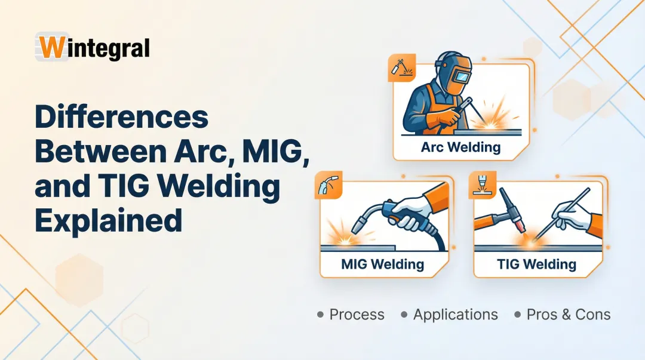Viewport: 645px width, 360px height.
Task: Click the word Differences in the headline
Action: pyautogui.click(x=121, y=118)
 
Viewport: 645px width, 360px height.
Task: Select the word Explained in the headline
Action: pyautogui.click(x=108, y=220)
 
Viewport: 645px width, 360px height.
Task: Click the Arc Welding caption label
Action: pyautogui.click(x=460, y=147)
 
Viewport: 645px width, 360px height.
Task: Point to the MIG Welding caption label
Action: pyautogui.click(x=382, y=264)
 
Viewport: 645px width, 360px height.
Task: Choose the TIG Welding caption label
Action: pyautogui.click(x=536, y=264)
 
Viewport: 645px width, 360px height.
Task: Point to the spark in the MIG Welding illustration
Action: pyautogui.click(x=343, y=237)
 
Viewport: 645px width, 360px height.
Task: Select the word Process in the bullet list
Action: pyautogui.click(x=357, y=315)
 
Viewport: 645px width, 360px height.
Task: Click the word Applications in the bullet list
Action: pyautogui.click(x=455, y=315)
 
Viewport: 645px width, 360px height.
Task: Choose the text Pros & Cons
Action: pyautogui.click(x=568, y=315)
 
